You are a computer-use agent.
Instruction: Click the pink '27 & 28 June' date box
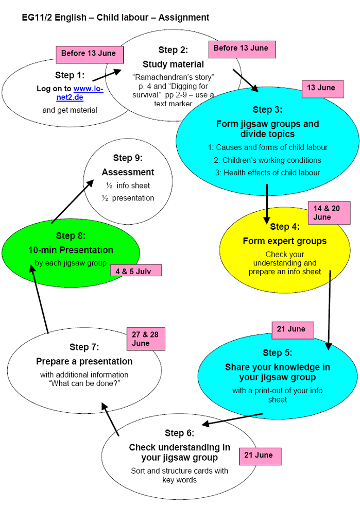coord(146,339)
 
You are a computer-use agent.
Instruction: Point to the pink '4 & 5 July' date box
coord(135,271)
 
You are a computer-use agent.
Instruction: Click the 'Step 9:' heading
coord(128,158)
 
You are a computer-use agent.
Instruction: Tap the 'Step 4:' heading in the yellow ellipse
coord(284,227)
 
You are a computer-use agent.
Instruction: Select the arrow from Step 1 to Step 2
coord(107,75)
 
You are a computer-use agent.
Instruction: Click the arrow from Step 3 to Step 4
coord(267,204)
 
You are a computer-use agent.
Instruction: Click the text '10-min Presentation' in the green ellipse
coord(71,250)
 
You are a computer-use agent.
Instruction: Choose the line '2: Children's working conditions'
coord(267,160)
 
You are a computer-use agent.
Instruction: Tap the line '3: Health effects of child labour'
coord(267,173)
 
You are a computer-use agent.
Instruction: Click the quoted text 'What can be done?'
coord(84,384)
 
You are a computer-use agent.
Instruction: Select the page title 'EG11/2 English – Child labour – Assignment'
coord(115,18)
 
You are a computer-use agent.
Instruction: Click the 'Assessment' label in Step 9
coord(128,172)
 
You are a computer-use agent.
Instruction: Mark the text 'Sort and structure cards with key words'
coord(179,475)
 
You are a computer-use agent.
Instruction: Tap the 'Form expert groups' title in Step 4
coord(284,241)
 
